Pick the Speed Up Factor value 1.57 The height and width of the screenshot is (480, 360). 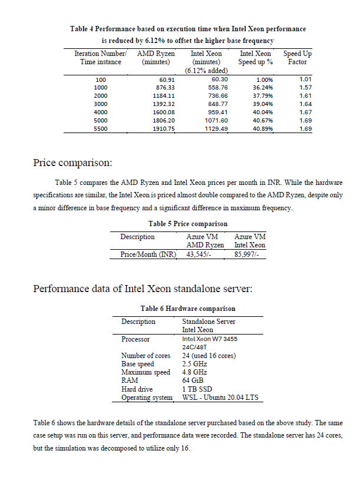(x=305, y=87)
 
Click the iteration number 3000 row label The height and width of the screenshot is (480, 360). (x=101, y=104)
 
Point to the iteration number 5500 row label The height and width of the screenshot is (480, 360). (x=101, y=128)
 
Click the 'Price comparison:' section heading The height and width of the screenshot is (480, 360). (x=72, y=162)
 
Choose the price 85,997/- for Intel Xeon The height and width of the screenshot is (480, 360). (x=250, y=254)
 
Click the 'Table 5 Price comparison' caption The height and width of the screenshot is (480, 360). (x=189, y=224)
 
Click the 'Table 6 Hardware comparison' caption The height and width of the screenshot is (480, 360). (x=188, y=308)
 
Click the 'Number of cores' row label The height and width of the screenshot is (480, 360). (x=146, y=356)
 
